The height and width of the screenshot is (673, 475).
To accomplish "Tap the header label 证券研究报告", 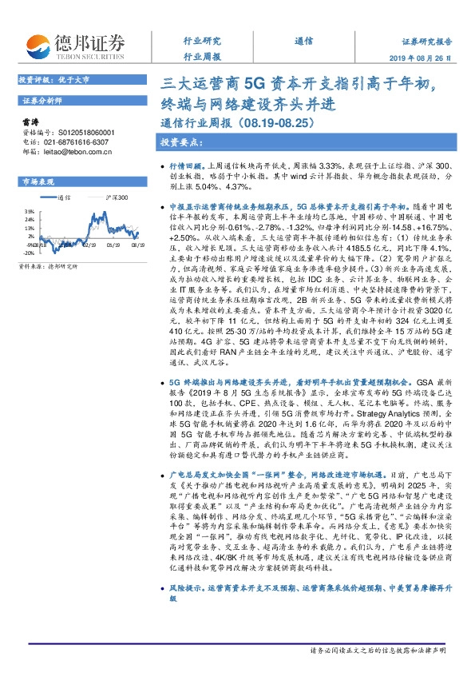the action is (426, 42).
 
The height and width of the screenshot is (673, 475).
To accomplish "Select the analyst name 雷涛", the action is (31, 122).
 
